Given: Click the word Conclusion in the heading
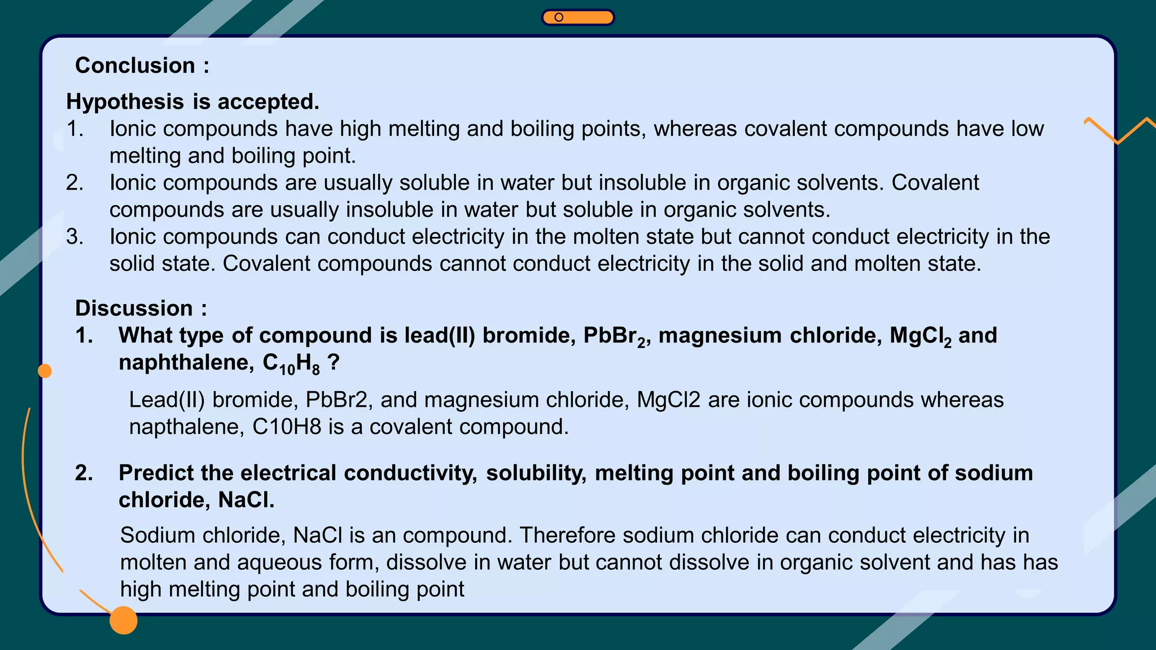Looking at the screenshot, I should [x=135, y=65].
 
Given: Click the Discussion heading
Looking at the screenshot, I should [x=134, y=308].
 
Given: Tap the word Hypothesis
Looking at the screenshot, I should [x=125, y=102].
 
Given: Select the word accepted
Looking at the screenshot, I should [x=268, y=102].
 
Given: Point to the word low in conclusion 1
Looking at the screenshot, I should [x=1027, y=129].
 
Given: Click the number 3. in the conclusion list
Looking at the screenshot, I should [x=75, y=236].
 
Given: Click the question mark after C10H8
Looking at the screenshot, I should [x=334, y=362].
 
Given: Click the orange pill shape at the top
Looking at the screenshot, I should [x=577, y=17].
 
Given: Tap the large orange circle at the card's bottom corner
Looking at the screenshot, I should [x=124, y=620].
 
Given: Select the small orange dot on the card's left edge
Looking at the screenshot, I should [x=45, y=371].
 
